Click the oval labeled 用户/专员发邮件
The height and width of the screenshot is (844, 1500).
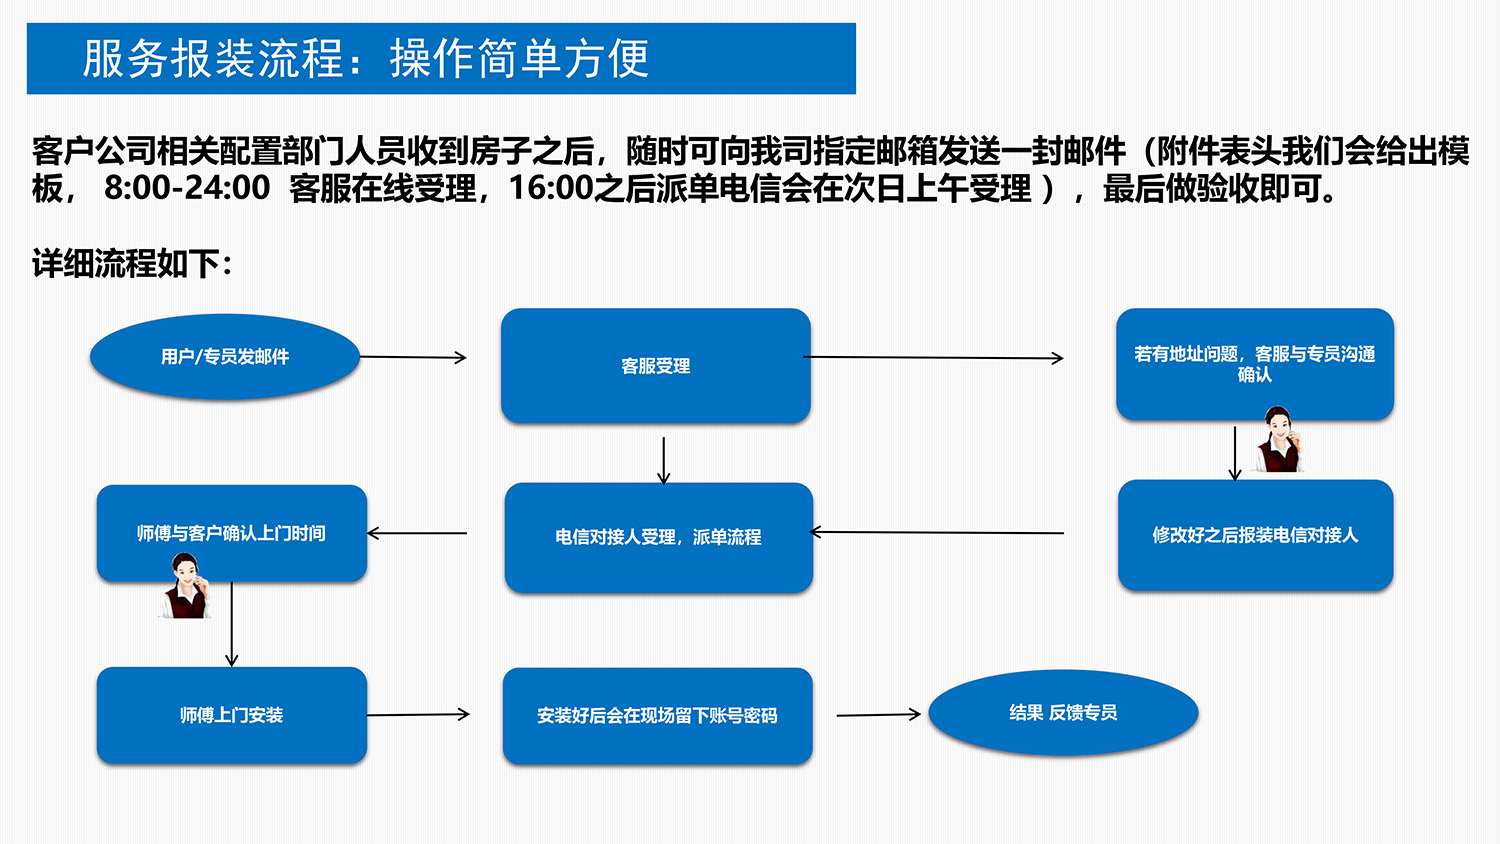point(225,357)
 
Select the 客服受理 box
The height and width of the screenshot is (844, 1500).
point(656,366)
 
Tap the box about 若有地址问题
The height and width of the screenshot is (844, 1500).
point(1254,364)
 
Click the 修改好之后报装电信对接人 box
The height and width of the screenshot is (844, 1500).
point(1255,535)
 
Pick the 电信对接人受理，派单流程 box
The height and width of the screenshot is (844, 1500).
point(658,537)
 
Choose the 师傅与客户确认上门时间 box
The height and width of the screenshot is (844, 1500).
point(231,533)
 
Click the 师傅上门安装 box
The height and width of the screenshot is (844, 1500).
point(231,715)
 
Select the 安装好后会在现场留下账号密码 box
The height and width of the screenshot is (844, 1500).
point(657,716)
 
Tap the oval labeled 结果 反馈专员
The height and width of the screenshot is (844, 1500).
point(1063,712)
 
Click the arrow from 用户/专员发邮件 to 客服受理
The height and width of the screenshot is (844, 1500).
point(413,357)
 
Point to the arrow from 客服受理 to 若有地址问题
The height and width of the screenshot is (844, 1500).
point(934,357)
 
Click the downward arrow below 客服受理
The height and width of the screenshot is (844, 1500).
point(663,460)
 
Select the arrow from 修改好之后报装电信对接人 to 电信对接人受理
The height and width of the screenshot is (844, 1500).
point(937,532)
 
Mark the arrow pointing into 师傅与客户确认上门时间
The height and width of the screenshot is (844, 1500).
point(417,533)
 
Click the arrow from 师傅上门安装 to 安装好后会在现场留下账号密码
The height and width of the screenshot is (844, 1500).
point(418,714)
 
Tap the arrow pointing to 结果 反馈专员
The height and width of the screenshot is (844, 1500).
point(878,714)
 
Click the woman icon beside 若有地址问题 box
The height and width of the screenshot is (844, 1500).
point(1279,440)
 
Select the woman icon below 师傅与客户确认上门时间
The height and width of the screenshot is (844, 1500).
point(186,587)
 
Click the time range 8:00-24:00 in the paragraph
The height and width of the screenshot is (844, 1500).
point(187,188)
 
